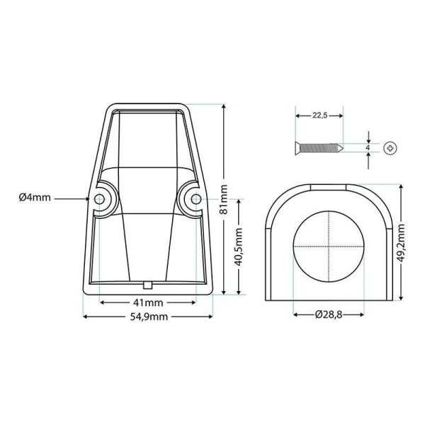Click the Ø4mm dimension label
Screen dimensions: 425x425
pos(35,198)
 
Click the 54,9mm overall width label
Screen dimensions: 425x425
pos(148,317)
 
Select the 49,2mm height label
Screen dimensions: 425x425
pos(401,243)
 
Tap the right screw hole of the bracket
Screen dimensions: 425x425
pos(193,200)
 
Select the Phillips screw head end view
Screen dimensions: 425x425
pos(391,149)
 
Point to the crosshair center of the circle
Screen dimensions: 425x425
pos(329,245)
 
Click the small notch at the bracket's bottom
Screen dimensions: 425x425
pos(148,284)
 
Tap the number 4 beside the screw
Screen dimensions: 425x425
pos(368,148)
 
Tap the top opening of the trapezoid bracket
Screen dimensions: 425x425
pos(148,110)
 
